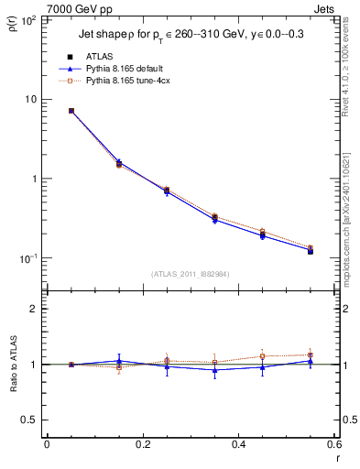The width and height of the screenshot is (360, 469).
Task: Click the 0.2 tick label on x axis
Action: (142, 444)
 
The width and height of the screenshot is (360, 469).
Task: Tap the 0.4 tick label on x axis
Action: (238, 444)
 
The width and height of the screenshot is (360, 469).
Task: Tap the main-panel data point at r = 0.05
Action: (71, 111)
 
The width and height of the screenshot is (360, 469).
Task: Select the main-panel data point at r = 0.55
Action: (310, 250)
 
